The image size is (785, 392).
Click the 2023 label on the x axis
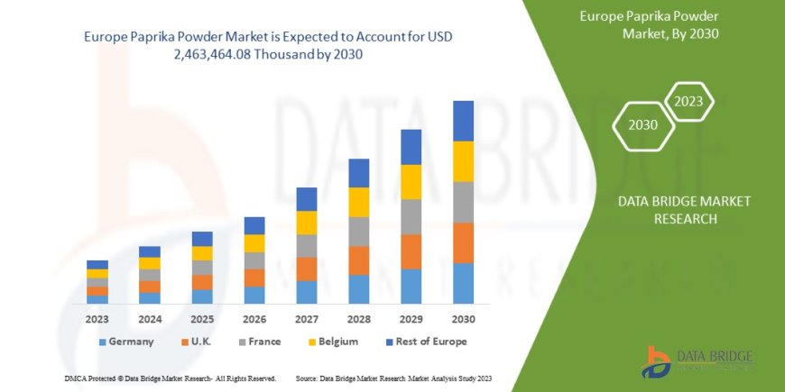(x=97, y=319)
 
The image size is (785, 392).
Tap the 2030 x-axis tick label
(x=463, y=319)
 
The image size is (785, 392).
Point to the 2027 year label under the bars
(x=306, y=319)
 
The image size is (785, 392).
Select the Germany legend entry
(x=125, y=342)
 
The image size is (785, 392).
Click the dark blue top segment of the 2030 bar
(x=463, y=121)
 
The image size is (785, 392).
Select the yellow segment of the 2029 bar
(x=411, y=182)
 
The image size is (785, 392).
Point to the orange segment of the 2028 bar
(x=358, y=260)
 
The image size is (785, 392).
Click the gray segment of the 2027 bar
(x=306, y=246)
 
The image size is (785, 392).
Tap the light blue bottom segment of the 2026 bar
(x=254, y=295)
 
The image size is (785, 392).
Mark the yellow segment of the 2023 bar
(x=97, y=273)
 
